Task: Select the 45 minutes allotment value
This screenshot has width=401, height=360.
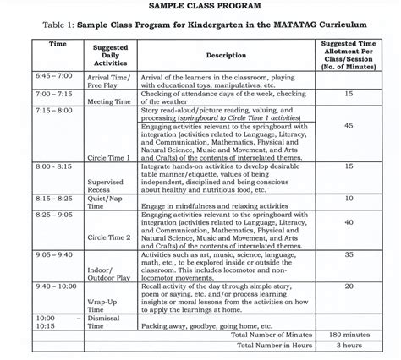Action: pos(349,125)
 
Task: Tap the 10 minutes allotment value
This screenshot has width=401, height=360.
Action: pos(349,199)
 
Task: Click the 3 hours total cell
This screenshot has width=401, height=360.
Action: pos(349,346)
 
